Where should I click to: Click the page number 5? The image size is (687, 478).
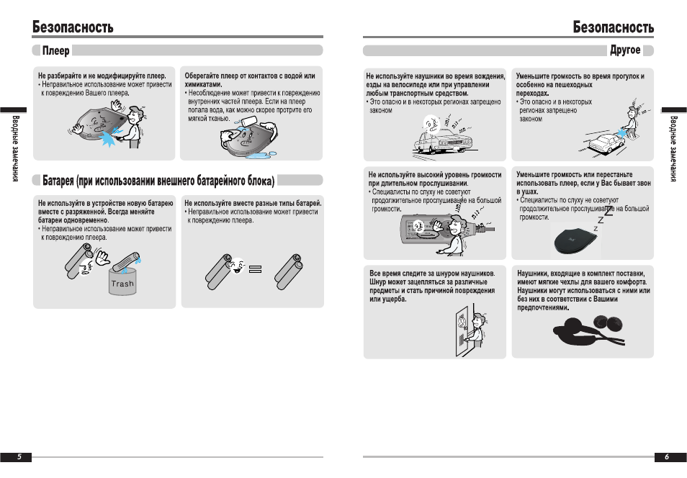coord(19,456)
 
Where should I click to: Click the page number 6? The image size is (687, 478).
coord(667,456)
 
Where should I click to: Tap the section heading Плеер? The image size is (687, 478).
coord(55,50)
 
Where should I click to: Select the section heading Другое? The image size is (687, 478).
coord(624,50)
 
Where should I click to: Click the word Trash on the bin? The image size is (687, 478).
coord(122,284)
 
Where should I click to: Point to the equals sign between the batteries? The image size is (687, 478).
coord(256,270)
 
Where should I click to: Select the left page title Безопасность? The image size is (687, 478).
coord(73,27)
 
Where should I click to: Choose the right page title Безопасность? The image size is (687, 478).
coord(614,27)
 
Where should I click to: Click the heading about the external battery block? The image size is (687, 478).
coord(158,179)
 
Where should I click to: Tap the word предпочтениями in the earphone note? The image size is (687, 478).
coord(542,307)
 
